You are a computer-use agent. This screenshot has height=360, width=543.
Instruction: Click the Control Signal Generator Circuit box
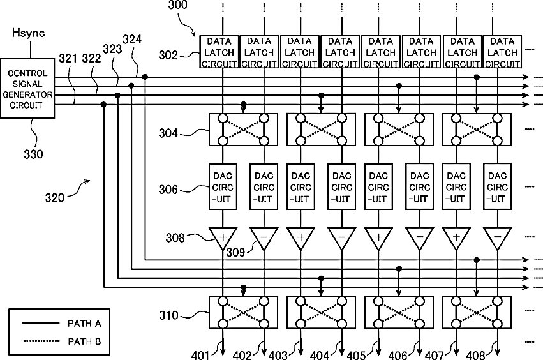coord(27,89)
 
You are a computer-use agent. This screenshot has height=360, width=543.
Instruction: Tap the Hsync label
coord(29,33)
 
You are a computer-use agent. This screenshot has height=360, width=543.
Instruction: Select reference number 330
coord(33,154)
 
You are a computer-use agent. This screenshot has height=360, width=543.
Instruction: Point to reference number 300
coord(177,5)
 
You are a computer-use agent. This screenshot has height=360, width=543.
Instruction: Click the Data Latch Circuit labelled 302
coord(219,52)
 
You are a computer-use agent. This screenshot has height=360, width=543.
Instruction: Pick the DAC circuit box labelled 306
coord(223,186)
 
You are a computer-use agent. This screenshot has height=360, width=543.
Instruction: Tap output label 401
coord(200,355)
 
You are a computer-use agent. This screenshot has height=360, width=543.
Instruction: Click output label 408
coord(475,355)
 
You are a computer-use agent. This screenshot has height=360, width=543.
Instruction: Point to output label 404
coord(319,355)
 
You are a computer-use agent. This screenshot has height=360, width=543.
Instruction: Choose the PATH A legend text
coord(84,324)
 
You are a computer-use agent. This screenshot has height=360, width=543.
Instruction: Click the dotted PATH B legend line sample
coord(41,341)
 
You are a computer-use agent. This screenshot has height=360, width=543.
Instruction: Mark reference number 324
coord(132,40)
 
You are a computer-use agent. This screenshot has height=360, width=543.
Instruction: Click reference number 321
coord(68,59)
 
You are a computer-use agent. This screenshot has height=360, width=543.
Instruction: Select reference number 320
coord(55,198)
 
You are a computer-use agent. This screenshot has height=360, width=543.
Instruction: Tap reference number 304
coord(168,133)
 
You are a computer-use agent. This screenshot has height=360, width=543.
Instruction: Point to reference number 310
coord(168,315)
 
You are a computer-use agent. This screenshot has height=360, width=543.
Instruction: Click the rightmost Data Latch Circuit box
coord(502,52)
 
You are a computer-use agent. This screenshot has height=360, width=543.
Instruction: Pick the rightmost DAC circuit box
coord(497,186)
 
